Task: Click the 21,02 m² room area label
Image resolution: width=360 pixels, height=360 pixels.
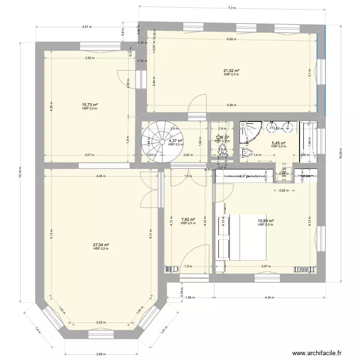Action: pyautogui.click(x=231, y=71)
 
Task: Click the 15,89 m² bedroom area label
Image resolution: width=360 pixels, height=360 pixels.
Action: pyautogui.click(x=265, y=221)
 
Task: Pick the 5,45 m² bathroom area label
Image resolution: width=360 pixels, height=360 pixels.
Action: pyautogui.click(x=278, y=143)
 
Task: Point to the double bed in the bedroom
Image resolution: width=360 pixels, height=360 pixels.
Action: pyautogui.click(x=247, y=237)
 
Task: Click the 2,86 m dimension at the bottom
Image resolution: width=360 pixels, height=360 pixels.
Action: pyautogui.click(x=101, y=354)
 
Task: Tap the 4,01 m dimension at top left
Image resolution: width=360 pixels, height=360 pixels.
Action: pyautogui.click(x=86, y=27)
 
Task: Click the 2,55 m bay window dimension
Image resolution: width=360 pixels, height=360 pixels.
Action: pyautogui.click(x=101, y=323)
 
